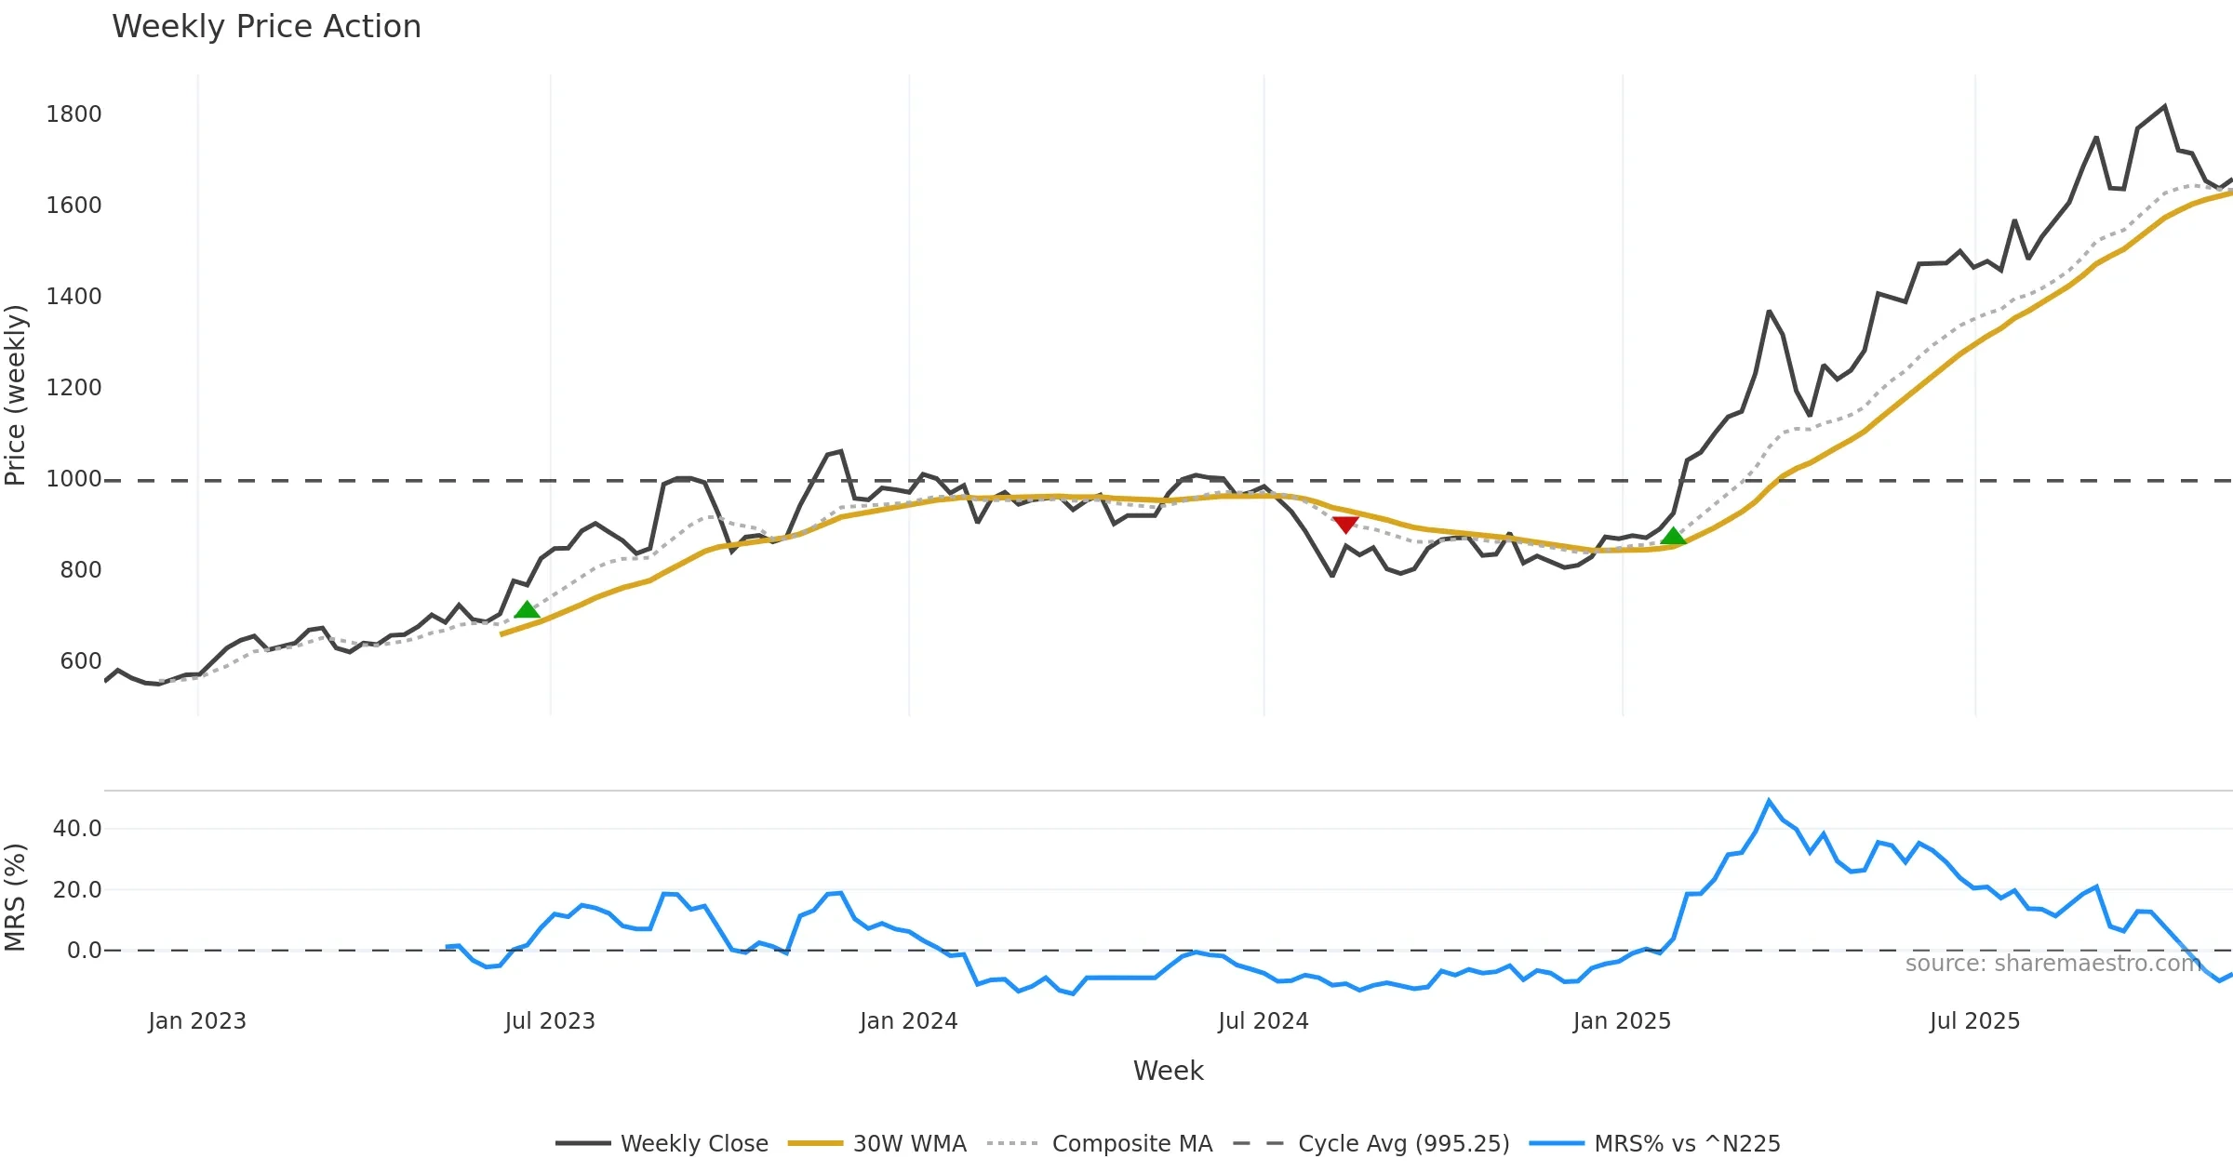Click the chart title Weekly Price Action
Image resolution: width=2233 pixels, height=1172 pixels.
[x=266, y=27]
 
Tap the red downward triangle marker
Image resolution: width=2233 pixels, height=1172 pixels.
[x=1345, y=525]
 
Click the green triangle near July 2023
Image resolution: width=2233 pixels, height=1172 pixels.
[x=527, y=610]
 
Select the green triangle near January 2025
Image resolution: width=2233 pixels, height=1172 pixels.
[x=1673, y=536]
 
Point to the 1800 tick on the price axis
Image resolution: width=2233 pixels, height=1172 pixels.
[x=74, y=114]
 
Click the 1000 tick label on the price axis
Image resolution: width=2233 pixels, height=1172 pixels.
[x=74, y=479]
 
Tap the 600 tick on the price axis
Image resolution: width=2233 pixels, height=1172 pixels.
[x=80, y=661]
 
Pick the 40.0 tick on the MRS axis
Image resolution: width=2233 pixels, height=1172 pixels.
[x=77, y=829]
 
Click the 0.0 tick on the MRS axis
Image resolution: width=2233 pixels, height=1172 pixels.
[x=84, y=951]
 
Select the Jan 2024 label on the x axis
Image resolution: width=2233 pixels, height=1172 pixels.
[x=908, y=1021]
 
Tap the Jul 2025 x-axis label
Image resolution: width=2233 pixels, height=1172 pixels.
[x=1974, y=1021]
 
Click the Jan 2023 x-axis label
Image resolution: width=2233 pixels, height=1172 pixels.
[x=197, y=1021]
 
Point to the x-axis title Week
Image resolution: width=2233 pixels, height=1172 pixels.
[x=1168, y=1071]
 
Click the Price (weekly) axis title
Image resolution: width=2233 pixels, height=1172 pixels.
[x=16, y=395]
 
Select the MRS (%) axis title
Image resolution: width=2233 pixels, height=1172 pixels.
[x=16, y=897]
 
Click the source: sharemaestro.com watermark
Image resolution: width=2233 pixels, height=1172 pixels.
[x=2052, y=964]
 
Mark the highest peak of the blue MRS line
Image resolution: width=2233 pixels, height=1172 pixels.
[x=1769, y=801]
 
